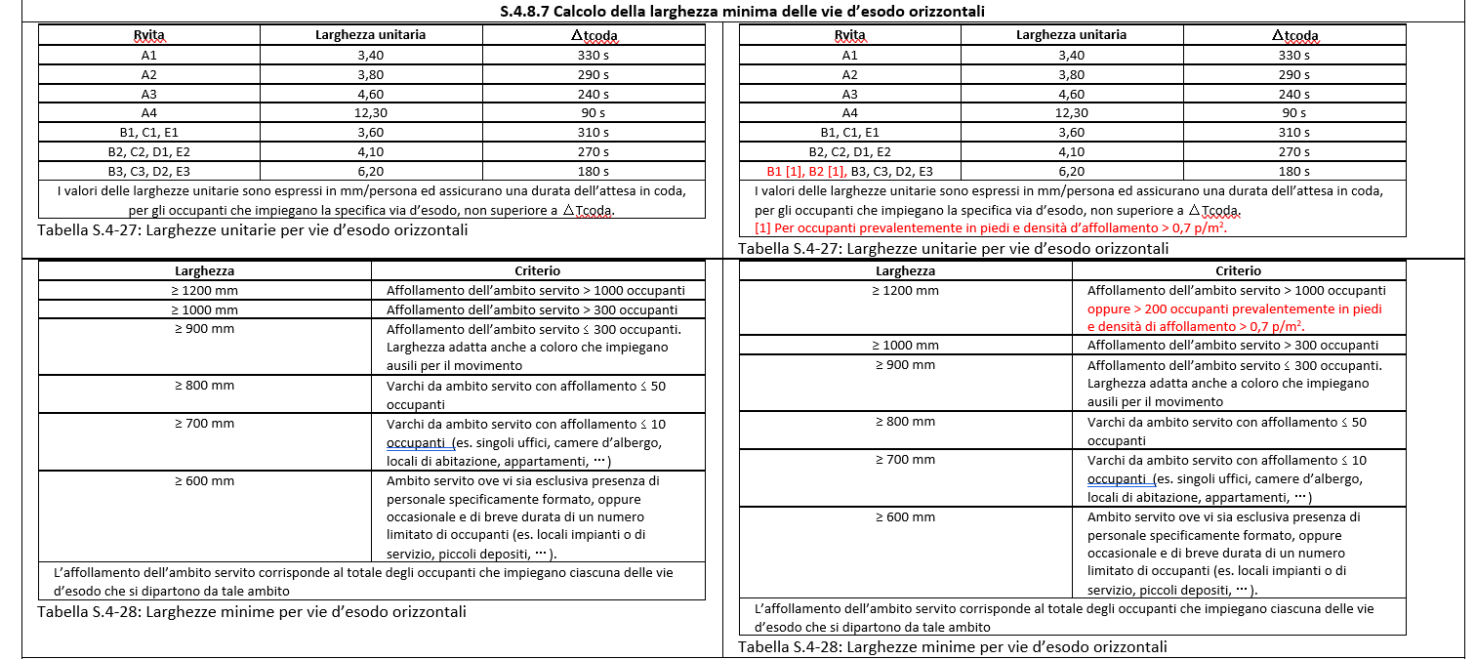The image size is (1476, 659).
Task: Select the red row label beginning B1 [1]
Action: click(x=800, y=171)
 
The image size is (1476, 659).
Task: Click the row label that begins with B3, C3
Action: click(x=148, y=171)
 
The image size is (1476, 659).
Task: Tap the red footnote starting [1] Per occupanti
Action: click(x=992, y=227)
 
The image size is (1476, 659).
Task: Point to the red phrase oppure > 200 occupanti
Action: click(x=1235, y=309)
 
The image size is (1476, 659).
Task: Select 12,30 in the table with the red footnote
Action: click(x=1072, y=113)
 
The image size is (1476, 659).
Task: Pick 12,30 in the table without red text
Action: click(x=371, y=113)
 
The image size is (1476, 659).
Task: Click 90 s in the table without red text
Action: click(x=594, y=113)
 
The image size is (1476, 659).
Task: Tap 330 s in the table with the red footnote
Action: click(x=1294, y=56)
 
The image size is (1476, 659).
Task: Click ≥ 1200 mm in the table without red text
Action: click(x=205, y=290)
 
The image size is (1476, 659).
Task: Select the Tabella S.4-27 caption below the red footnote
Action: click(x=953, y=248)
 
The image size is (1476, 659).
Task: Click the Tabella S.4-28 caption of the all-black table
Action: click(x=252, y=612)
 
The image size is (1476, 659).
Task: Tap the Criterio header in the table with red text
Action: click(x=1238, y=271)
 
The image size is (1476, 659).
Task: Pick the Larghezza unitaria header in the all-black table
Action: click(x=371, y=35)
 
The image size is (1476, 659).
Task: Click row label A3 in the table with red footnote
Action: click(x=849, y=94)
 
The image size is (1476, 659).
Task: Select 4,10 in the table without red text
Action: click(x=371, y=151)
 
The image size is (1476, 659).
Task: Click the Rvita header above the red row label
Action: click(x=849, y=36)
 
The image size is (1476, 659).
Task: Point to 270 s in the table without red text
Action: click(x=594, y=151)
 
